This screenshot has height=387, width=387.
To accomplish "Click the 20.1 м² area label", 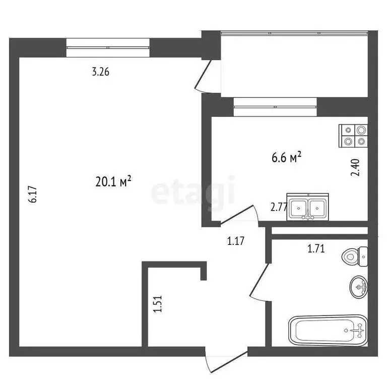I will pyautogui.click(x=113, y=181).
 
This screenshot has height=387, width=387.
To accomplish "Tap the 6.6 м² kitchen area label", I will pyautogui.click(x=286, y=158).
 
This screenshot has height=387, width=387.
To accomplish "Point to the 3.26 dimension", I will pyautogui.click(x=100, y=72).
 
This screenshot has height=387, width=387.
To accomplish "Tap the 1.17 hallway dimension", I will pyautogui.click(x=236, y=241).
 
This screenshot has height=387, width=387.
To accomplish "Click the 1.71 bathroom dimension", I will pyautogui.click(x=316, y=247).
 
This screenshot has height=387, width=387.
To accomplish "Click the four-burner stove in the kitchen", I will pyautogui.click(x=354, y=136).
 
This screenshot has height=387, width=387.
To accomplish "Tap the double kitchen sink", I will pyautogui.click(x=308, y=207).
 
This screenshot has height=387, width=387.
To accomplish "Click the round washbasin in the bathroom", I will pyautogui.click(x=359, y=287).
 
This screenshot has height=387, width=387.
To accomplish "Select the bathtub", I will pyautogui.click(x=328, y=330).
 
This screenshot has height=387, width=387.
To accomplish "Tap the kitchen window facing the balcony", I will pyautogui.click(x=275, y=106).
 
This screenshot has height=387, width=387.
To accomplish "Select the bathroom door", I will pyautogui.click(x=260, y=282).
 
